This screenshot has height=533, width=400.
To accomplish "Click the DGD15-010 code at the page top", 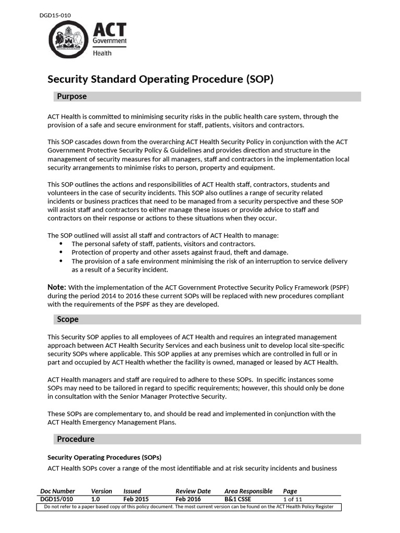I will tap(55, 15).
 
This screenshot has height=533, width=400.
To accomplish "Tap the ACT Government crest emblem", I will tap(69, 39).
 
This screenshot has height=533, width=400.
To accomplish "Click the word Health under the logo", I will tap(102, 53).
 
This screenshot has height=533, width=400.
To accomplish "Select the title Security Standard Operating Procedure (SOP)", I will tap(160, 79).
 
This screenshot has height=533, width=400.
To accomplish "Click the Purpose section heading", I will tap(72, 96).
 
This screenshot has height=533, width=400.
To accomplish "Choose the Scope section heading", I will tap(68, 319).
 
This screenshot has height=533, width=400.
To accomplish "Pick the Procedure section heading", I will tap(76, 439).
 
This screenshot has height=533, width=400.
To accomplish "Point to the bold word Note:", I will tap(57, 287).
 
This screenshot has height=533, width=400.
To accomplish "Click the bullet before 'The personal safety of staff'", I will tap(61, 244).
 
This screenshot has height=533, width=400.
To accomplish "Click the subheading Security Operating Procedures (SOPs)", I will tap(104, 457).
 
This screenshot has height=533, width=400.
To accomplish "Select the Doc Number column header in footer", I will tap(57, 491).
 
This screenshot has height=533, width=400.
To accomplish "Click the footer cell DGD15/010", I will tap(56, 499).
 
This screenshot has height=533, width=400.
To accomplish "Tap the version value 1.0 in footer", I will tap(96, 499).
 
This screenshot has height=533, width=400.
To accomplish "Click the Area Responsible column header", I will tap(248, 491).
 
